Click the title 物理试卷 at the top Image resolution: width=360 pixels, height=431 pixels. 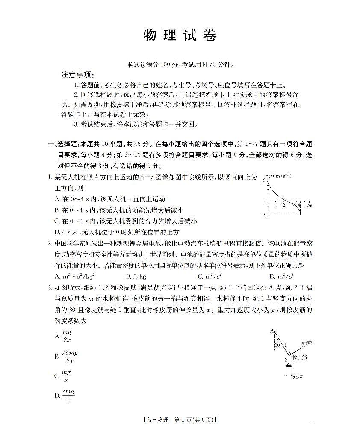[180, 36]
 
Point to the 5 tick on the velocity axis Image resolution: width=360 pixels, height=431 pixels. [264, 180]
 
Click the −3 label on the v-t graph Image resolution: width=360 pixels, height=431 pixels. [263, 214]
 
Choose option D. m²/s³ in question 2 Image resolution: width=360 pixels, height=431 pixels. [282, 277]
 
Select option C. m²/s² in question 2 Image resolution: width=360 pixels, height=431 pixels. [210, 277]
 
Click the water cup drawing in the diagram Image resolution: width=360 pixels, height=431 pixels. [289, 369]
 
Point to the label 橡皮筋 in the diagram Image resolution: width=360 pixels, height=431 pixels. [299, 357]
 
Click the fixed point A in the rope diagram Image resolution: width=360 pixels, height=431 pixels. [272, 331]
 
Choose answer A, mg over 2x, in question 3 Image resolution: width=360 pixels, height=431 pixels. [64, 336]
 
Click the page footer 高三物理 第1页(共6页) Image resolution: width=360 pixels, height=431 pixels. [180, 420]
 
